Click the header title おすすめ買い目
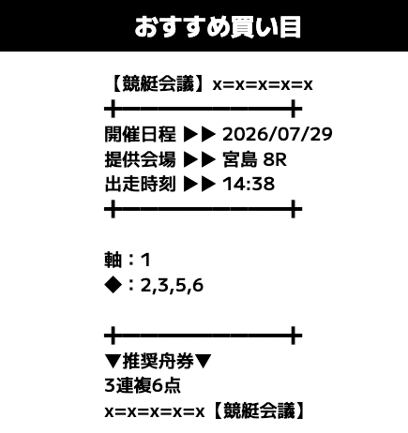(x=218, y=27)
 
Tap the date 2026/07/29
(x=277, y=134)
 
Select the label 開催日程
(x=140, y=134)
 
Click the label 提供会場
(x=140, y=159)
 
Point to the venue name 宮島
(x=240, y=159)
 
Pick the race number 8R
(x=275, y=159)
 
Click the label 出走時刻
(x=140, y=184)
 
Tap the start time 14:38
(x=249, y=184)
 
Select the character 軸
(x=113, y=260)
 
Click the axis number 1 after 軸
(x=145, y=261)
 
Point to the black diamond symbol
(x=113, y=285)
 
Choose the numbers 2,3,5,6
(x=172, y=286)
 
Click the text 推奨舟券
(x=159, y=362)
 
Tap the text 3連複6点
(x=143, y=386)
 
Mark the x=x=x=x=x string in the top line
(x=263, y=85)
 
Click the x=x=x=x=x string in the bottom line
(x=155, y=412)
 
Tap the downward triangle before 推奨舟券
(x=113, y=362)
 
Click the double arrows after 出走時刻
(x=200, y=184)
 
